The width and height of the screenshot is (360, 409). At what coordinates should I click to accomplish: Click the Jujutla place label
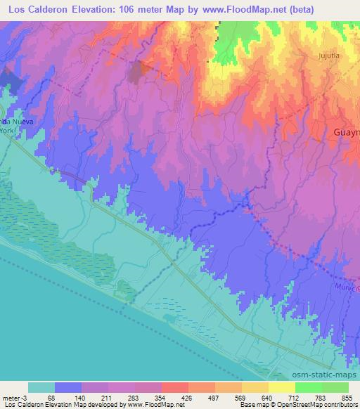328,54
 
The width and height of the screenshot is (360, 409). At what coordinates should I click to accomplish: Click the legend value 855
348,398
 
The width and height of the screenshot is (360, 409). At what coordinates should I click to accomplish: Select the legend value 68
55,398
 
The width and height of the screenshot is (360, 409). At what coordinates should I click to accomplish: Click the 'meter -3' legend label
15,398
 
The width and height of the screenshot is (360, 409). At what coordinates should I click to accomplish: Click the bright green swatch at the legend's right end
335,387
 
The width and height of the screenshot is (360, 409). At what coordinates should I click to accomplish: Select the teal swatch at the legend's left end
41,387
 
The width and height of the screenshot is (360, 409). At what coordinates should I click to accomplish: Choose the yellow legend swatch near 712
281,387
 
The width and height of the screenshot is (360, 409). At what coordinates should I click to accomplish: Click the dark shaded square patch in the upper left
139,71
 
